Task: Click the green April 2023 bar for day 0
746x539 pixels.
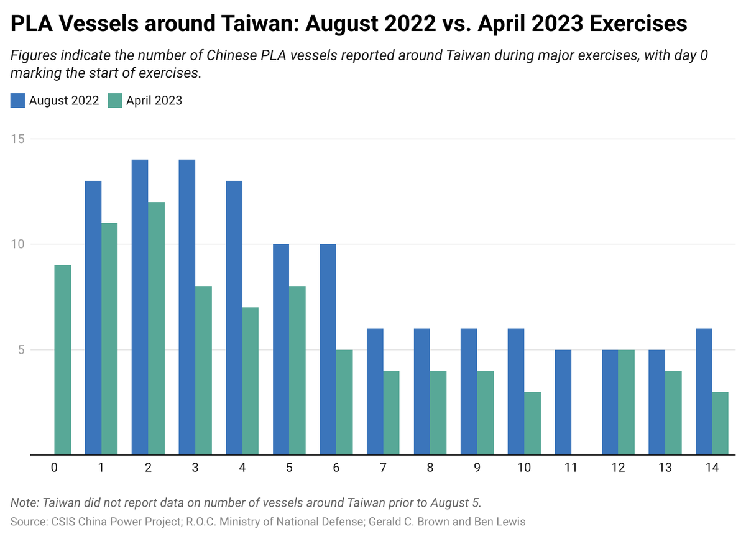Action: [63, 360]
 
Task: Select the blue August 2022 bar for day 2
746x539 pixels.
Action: [140, 307]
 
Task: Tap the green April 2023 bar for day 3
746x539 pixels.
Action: [203, 371]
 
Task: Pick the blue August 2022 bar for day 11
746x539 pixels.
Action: [563, 402]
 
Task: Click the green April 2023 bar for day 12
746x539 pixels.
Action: [626, 402]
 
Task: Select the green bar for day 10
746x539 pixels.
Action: [532, 423]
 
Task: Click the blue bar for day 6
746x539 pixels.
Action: [328, 349]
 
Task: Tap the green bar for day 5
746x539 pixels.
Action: [297, 371]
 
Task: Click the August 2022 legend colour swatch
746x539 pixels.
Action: [18, 101]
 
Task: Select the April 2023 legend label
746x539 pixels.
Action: [154, 101]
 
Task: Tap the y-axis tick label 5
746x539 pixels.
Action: [21, 350]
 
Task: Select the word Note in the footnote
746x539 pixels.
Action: [23, 502]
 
